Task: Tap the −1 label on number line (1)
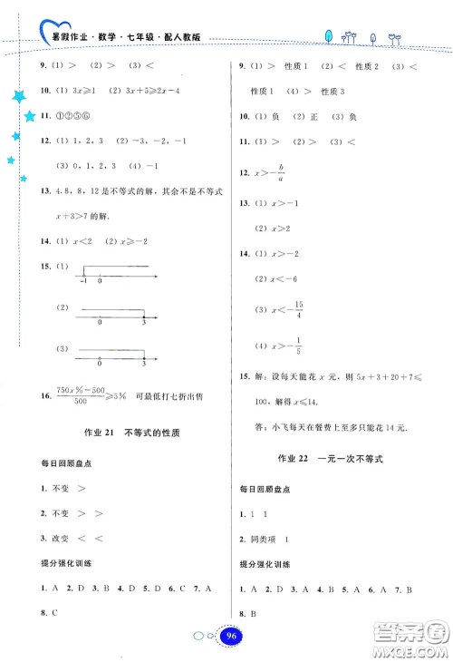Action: [x=82, y=281]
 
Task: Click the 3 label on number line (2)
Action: [x=145, y=323]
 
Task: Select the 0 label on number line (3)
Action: [x=100, y=364]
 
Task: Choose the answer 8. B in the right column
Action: [x=247, y=612]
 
